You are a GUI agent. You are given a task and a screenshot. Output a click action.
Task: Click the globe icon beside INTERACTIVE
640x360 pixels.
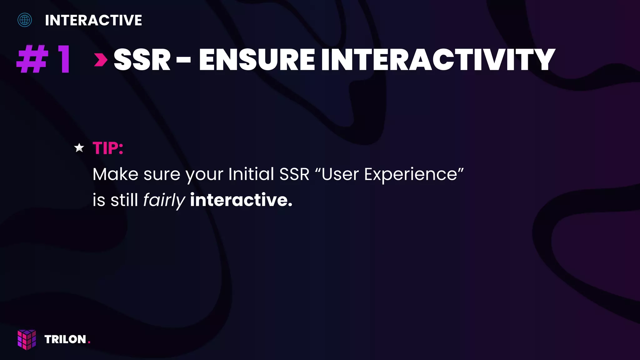pos(25,20)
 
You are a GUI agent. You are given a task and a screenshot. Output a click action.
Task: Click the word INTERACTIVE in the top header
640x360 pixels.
pos(93,21)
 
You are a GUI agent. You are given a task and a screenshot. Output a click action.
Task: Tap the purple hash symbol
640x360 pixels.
pos(32,59)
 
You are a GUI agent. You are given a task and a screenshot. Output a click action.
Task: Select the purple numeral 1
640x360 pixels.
pos(64,59)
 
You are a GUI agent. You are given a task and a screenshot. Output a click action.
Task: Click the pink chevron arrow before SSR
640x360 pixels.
pos(101,60)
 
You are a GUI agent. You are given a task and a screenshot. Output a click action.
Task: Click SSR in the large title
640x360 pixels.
pos(142,60)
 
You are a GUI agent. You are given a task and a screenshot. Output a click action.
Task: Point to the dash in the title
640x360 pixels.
pos(183,60)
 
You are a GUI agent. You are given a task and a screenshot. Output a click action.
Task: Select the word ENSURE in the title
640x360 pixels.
pos(257,60)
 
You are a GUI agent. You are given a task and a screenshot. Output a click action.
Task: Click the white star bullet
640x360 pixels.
pos(79,148)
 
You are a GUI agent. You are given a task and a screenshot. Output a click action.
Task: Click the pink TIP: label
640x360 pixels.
pos(108,148)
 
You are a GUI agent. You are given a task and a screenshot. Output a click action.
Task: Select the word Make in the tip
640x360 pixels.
pos(115,174)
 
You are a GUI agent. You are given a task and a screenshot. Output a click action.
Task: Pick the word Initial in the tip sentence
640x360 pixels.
pos(251,174)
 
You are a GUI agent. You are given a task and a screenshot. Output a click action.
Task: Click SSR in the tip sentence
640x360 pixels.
pos(294,174)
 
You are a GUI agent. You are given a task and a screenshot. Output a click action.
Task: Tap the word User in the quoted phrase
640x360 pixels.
pos(340,174)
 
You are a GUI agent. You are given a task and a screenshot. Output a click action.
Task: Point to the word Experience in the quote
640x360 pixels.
pos(411,175)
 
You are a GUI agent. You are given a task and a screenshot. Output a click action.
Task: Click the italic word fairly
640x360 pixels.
pos(164,200)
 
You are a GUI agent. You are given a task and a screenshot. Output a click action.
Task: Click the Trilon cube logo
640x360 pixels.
pos(27,339)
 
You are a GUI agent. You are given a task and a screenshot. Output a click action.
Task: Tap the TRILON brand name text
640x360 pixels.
pos(65,339)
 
